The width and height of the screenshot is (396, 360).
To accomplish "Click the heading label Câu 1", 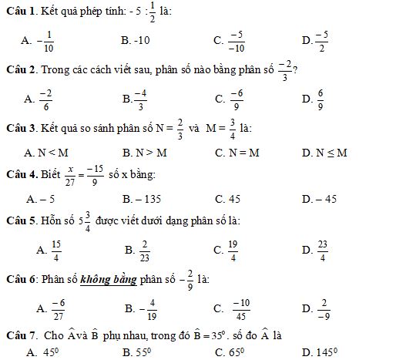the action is tap(20, 12).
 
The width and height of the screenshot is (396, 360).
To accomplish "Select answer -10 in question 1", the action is tap(134, 39).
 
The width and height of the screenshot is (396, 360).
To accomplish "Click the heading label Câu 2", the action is tap(20, 69).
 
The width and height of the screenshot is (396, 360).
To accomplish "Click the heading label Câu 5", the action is tap(20, 222).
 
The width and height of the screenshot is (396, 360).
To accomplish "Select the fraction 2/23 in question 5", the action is tap(144, 250).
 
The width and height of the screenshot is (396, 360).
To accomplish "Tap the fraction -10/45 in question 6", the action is tap(241, 308).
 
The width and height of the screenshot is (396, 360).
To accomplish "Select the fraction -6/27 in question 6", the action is tap(58, 308).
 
